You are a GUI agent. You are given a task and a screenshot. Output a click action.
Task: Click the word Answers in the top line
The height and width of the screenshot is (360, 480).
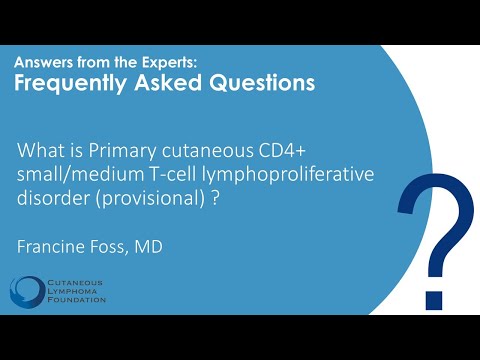point(49,62)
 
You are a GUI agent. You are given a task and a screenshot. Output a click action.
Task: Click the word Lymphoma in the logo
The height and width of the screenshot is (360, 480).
point(72,291)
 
